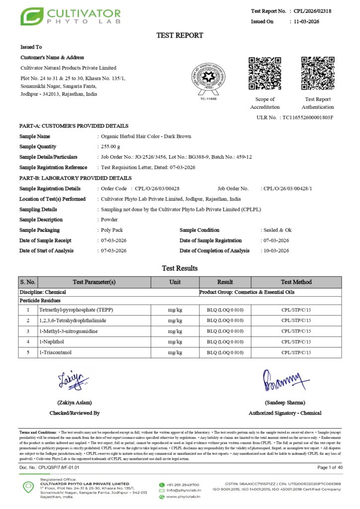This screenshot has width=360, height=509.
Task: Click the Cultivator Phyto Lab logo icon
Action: coord(31,16)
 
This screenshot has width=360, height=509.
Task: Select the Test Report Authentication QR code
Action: coord(318,74)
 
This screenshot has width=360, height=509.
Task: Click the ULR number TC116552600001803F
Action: coord(307,117)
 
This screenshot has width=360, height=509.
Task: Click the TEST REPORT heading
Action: coord(180,35)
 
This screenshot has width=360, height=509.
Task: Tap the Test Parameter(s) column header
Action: coord(94,282)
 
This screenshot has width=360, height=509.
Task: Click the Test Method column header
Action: coord(296,282)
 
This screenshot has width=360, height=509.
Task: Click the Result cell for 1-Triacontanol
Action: coord(225,352)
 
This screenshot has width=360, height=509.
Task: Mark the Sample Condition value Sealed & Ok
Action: coord(277,230)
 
